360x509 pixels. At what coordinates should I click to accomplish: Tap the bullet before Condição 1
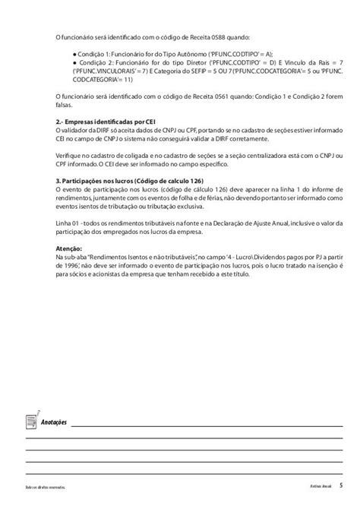77,55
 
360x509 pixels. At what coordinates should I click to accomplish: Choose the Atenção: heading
70,249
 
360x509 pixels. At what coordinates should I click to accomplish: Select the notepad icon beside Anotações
30,419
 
